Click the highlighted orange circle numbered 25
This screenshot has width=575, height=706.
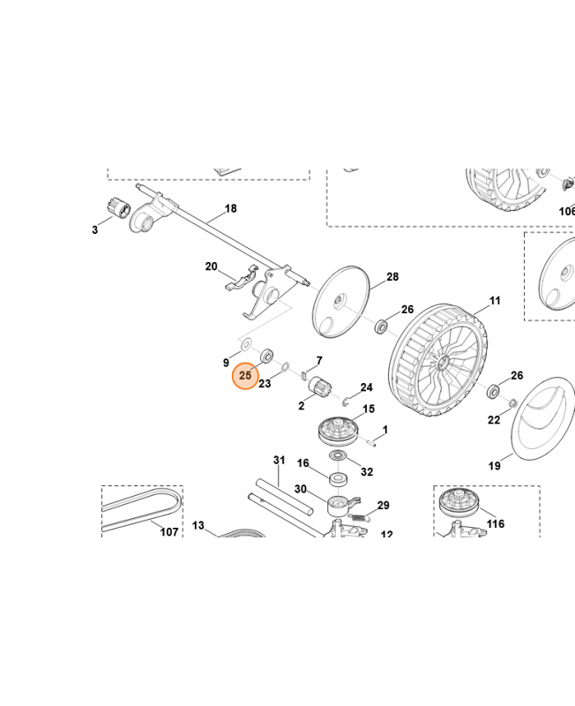(x=245, y=375)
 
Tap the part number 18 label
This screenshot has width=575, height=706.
(x=230, y=209)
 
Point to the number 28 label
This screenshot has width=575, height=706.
(x=392, y=277)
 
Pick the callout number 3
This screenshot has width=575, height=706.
(x=94, y=230)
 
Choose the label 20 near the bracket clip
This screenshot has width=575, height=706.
(x=211, y=267)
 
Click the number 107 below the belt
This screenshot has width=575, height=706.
(x=168, y=532)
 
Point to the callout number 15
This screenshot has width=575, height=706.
(x=369, y=409)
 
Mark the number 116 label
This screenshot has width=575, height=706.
(x=496, y=524)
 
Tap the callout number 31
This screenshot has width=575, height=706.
(x=280, y=460)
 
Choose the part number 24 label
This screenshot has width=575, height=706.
(x=366, y=387)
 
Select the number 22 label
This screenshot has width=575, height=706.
(x=495, y=420)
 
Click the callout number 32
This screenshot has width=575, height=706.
(x=367, y=472)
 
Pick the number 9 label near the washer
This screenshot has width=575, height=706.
(x=226, y=363)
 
